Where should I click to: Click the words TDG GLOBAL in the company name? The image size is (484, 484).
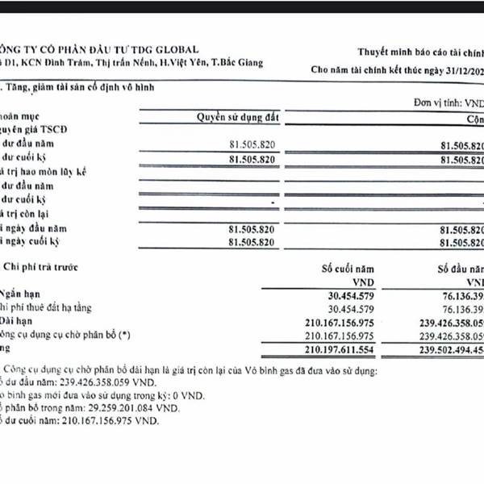point(161,50)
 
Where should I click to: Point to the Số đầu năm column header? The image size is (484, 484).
point(460,268)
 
